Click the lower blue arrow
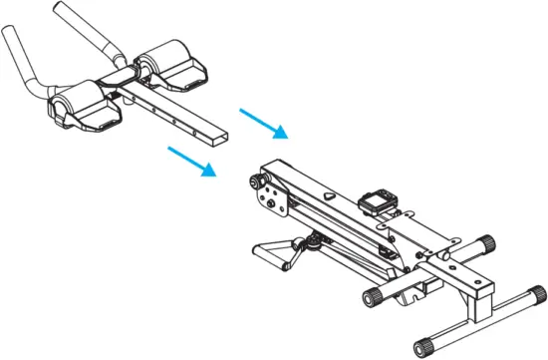192,163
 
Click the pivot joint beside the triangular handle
316,240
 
